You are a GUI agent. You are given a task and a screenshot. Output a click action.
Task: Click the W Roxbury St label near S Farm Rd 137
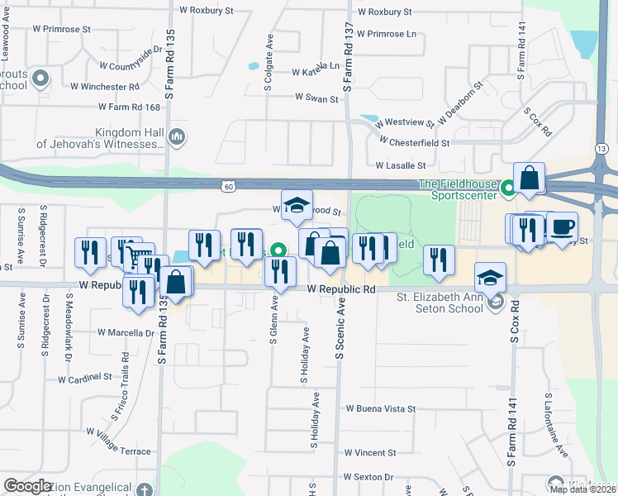(384, 12)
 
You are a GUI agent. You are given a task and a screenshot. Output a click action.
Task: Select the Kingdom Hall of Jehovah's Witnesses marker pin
(176, 136)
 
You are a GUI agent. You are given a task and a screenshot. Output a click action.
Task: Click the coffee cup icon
(563, 227)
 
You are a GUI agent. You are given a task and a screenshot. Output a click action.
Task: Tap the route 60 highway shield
(228, 187)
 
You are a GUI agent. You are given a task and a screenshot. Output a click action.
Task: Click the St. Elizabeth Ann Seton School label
(438, 303)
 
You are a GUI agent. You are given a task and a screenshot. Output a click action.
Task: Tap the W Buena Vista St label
(381, 408)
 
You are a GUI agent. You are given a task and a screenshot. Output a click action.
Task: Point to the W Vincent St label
(371, 453)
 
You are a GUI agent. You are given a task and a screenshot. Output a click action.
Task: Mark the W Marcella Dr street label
(126, 333)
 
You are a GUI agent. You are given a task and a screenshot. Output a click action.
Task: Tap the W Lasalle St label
(404, 165)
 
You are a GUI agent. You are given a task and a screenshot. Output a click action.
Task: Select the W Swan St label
(317, 98)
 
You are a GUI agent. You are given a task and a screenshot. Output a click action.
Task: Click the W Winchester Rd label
(104, 86)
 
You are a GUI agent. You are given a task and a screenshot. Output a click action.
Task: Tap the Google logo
(28, 486)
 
